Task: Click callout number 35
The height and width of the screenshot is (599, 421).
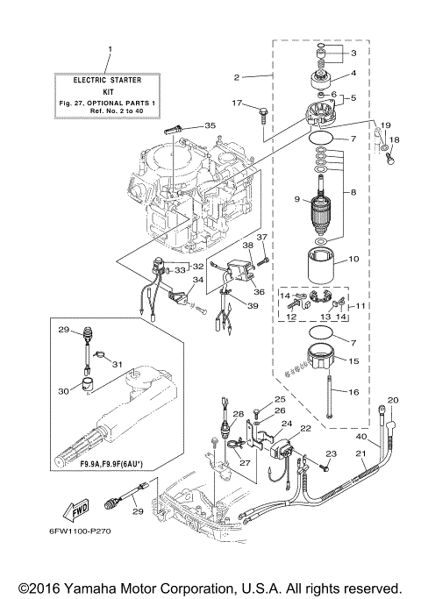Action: (209, 125)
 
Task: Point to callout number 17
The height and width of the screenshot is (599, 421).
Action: (237, 104)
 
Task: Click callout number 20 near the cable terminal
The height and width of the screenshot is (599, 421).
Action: (393, 400)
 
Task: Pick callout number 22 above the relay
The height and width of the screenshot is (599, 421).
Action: (306, 428)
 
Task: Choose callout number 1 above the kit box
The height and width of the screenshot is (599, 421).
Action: (110, 48)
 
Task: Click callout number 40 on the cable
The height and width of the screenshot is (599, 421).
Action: (361, 437)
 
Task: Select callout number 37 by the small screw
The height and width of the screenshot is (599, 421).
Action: (260, 238)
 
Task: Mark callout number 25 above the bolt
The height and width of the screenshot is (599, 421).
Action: (257, 399)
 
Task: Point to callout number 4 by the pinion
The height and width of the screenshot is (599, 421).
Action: (353, 74)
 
